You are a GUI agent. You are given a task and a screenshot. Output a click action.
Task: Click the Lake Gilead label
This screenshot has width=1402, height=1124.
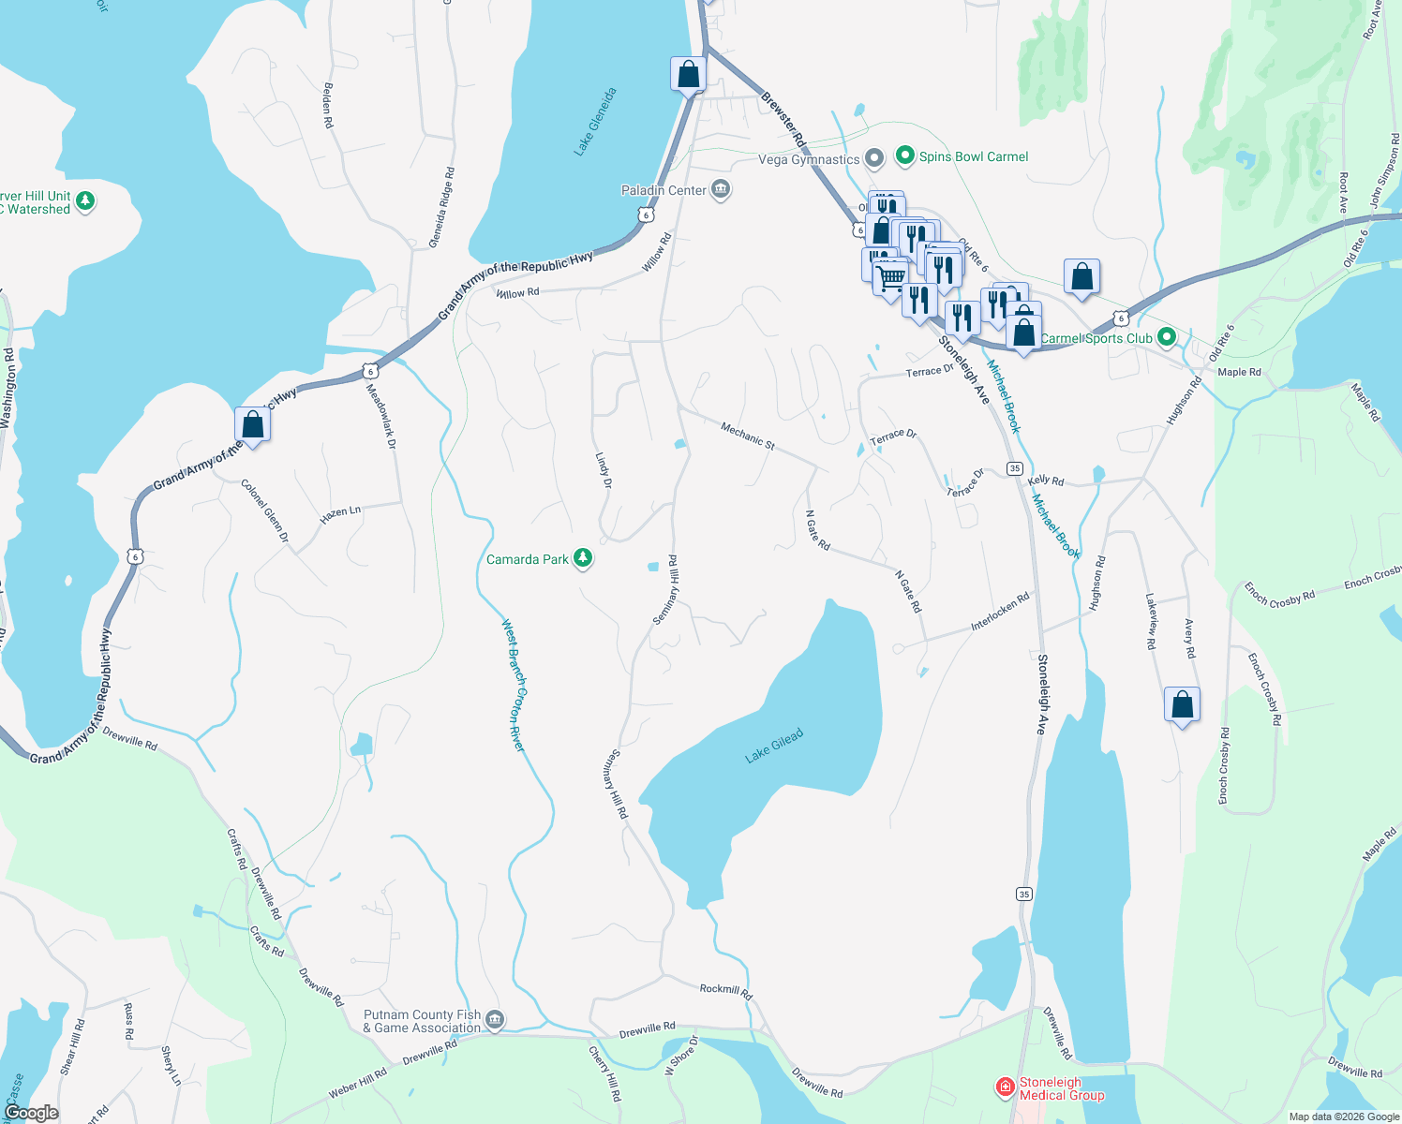[x=774, y=747]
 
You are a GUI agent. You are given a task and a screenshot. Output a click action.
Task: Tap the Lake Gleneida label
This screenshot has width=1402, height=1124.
[x=596, y=122]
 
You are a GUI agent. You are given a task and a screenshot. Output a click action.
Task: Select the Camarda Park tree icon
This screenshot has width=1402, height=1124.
[x=583, y=559]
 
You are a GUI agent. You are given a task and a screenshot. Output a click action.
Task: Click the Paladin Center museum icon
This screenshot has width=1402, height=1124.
[x=721, y=190]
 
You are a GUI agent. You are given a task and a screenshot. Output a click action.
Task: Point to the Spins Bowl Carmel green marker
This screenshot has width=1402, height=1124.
[x=904, y=156]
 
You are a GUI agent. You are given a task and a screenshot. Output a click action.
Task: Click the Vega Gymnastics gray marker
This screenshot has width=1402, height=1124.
[x=873, y=159]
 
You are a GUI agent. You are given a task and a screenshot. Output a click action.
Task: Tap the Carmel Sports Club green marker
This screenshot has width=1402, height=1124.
[x=1167, y=337]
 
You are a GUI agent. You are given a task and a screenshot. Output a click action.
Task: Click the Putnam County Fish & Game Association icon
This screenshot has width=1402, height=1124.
[x=495, y=1020]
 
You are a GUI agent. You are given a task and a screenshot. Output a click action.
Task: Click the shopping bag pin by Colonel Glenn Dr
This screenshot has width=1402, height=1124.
[x=252, y=425]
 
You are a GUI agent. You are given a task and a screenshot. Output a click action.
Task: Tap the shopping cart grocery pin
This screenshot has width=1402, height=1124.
[x=889, y=278]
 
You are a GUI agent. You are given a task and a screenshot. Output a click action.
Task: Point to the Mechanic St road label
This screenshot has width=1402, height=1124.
[x=747, y=436]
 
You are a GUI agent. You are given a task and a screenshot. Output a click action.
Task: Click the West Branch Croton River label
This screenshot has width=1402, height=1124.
[x=514, y=685]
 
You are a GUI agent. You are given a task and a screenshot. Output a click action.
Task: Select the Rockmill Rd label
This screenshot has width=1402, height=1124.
[x=726, y=990]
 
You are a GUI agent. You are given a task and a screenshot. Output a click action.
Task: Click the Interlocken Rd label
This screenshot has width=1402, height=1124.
[x=1000, y=611]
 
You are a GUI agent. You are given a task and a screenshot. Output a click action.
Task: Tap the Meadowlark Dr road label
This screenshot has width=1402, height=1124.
[x=381, y=416]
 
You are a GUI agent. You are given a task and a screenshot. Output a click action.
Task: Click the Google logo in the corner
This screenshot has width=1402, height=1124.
[x=31, y=1113]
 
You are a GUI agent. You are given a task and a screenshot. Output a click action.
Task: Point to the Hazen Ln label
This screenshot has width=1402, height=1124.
[x=340, y=514]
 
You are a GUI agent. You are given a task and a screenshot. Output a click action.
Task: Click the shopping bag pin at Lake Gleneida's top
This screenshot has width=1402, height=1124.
[x=688, y=75]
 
